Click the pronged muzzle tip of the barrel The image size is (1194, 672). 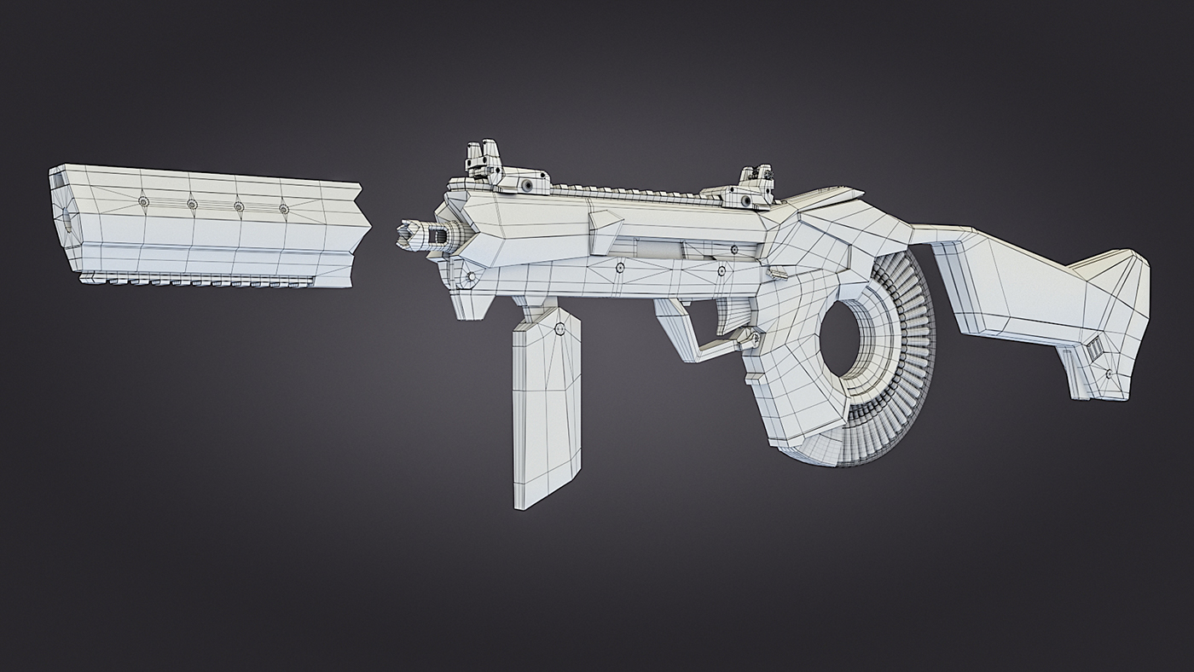tap(411, 235)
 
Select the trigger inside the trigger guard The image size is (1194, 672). tap(727, 315)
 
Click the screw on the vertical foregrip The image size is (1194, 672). tap(559, 329)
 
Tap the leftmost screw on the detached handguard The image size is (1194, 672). tap(143, 201)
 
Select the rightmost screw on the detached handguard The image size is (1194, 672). tap(283, 208)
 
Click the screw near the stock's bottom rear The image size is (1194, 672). tap(1109, 374)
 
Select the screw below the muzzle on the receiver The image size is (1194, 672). tap(468, 279)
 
